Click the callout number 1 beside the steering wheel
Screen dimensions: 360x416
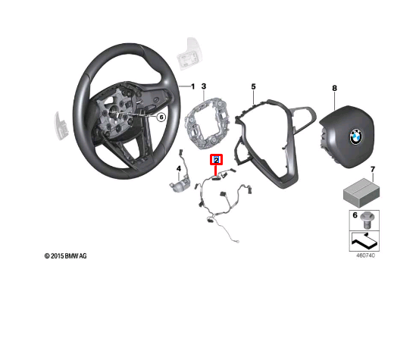tap(192, 86)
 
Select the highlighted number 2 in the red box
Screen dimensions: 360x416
tap(216, 160)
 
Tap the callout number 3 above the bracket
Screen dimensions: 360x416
tap(203, 87)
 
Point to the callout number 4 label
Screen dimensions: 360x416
tap(178, 168)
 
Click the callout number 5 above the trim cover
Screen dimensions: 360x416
tap(254, 87)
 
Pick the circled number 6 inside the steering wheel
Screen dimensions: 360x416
tap(161, 117)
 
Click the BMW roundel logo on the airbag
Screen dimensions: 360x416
tap(355, 136)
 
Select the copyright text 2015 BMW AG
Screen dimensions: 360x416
tap(65, 256)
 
